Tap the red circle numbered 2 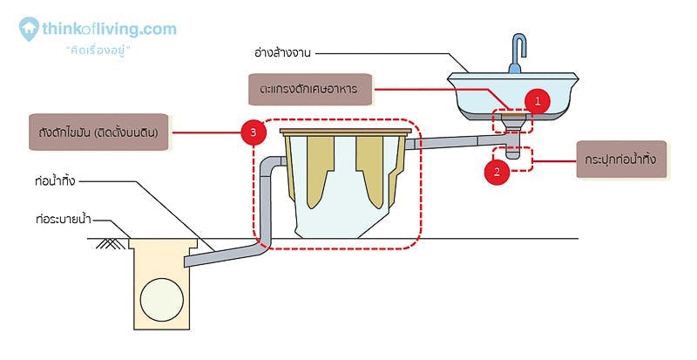497,171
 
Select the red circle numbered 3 253,133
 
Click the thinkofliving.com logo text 109,29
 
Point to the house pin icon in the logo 30,29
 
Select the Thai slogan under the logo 98,51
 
